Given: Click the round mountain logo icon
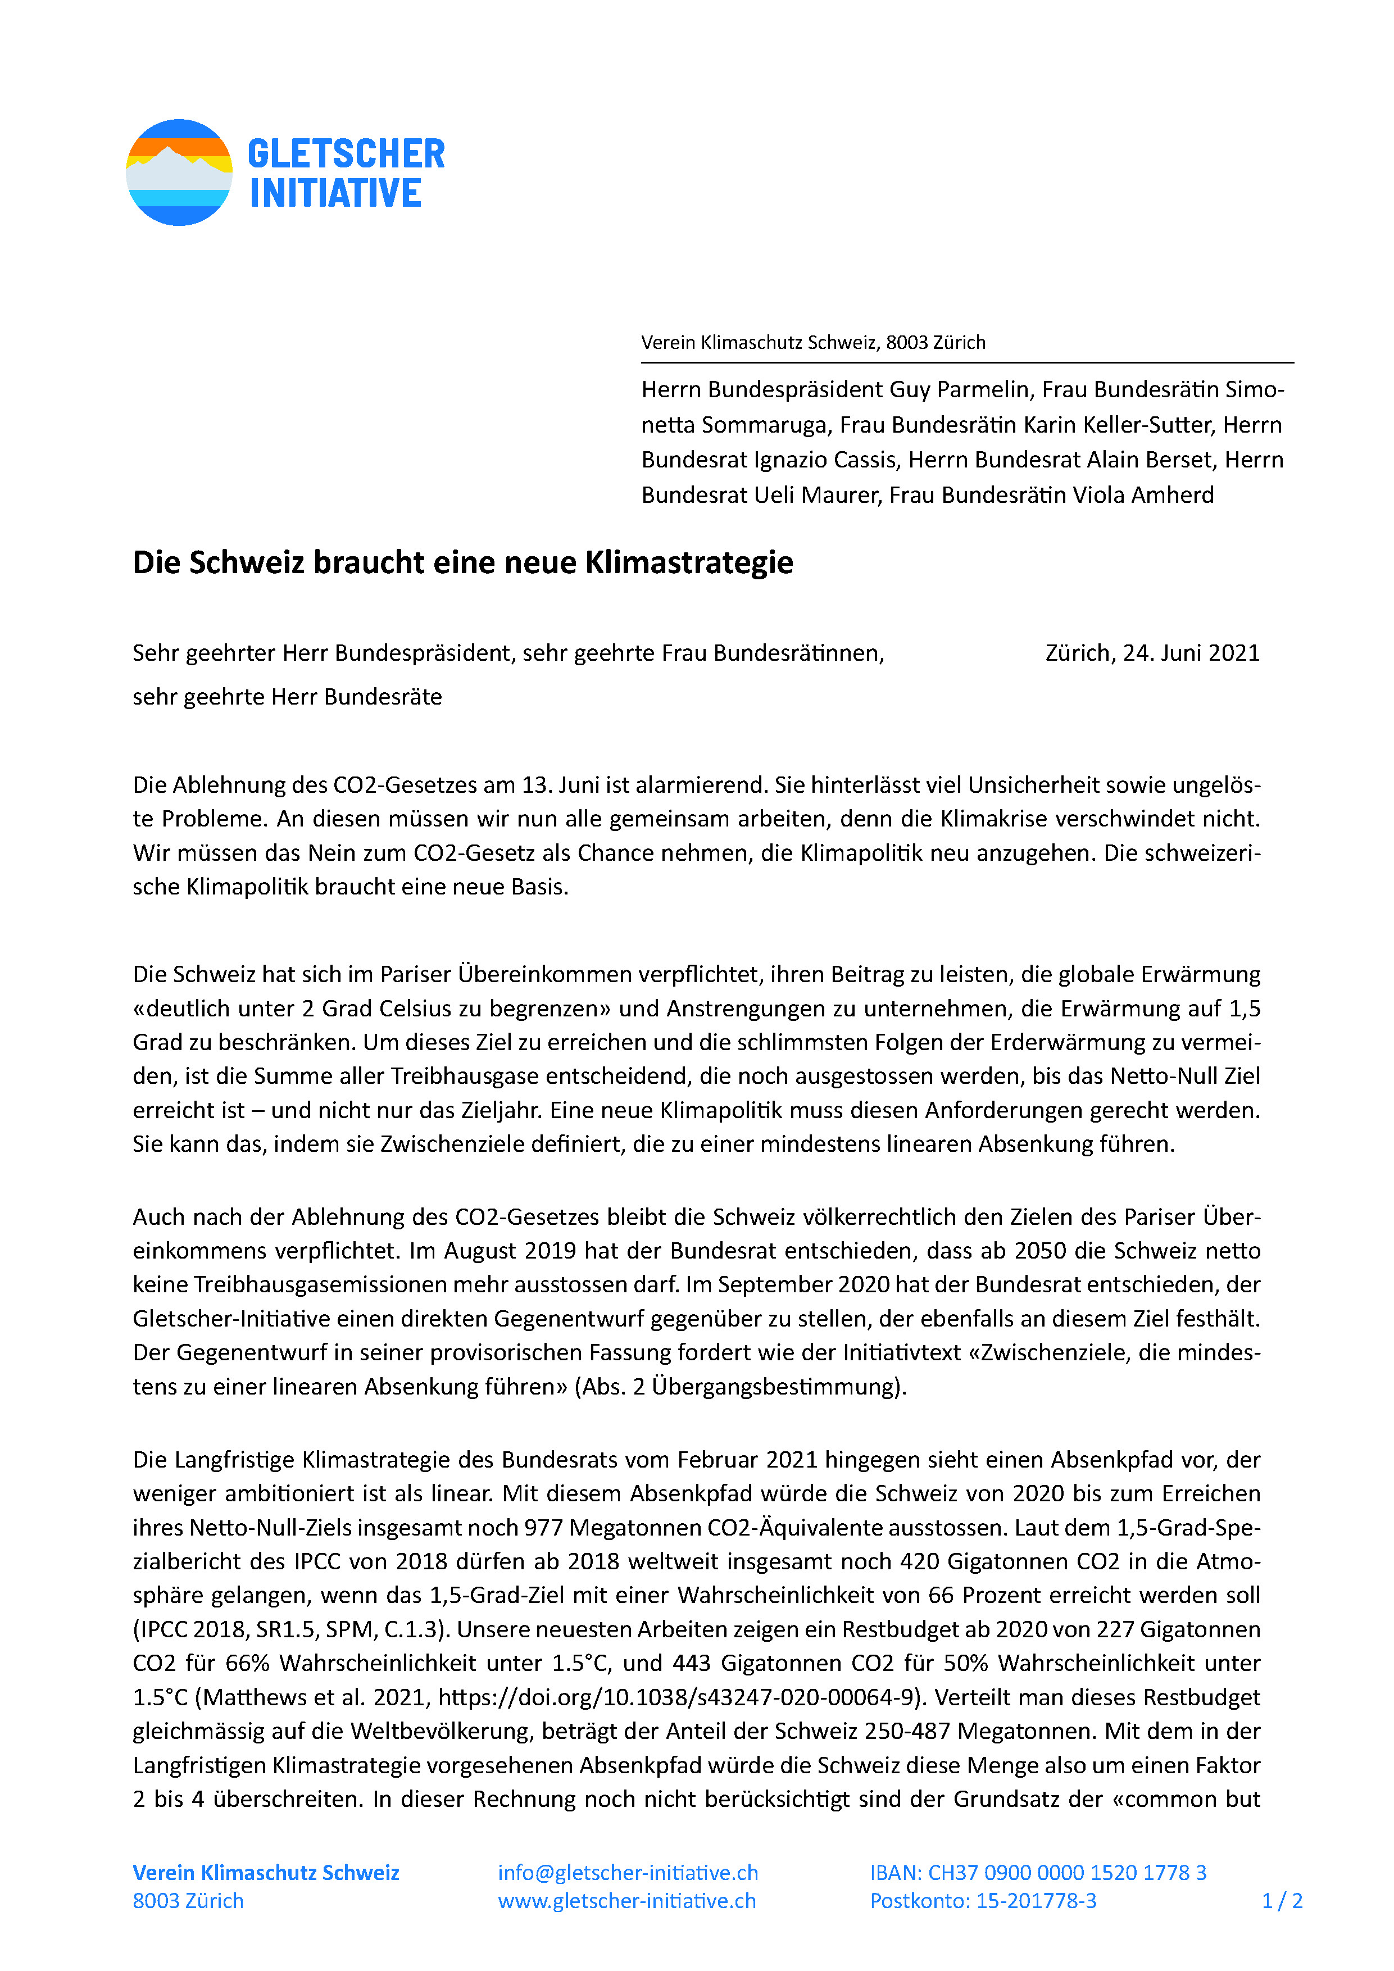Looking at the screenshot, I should click(179, 172).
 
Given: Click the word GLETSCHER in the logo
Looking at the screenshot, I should click(346, 155).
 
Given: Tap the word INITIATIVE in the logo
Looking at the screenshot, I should click(335, 193).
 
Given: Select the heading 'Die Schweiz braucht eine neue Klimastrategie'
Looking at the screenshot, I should click(462, 563).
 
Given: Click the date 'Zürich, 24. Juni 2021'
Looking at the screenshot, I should click(1152, 653).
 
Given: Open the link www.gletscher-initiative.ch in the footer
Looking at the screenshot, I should click(626, 1901).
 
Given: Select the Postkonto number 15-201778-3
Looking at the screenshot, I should click(1036, 1901).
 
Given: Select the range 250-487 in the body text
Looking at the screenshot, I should click(906, 1732).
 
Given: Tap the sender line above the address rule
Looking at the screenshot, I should click(813, 343).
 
